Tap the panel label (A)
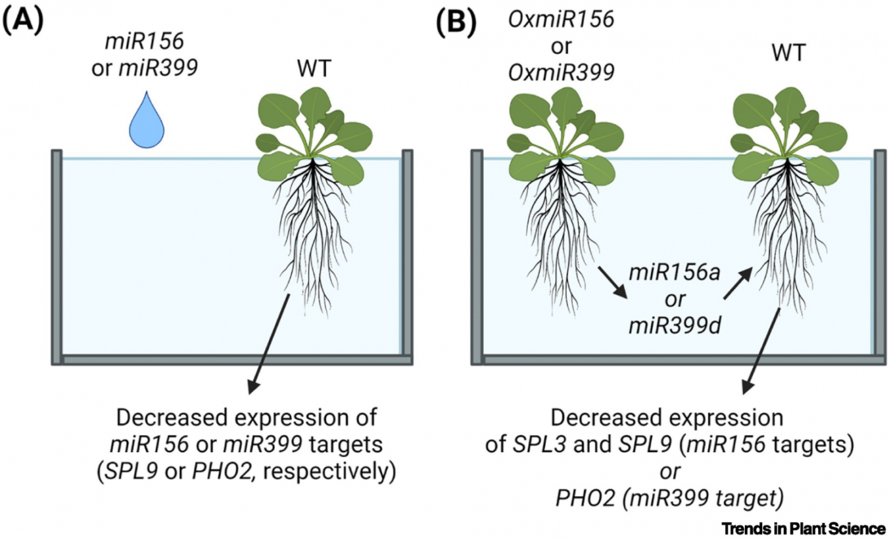click(x=23, y=21)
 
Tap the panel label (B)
click(x=456, y=21)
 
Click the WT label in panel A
click(x=314, y=69)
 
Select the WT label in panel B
click(x=788, y=53)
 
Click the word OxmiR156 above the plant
click(x=561, y=20)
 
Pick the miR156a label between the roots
click(x=674, y=272)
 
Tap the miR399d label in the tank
click(x=674, y=326)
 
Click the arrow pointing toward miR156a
click(x=613, y=282)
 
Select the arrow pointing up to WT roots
click(x=738, y=283)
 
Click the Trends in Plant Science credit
click(x=803, y=528)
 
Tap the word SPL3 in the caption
click(x=539, y=444)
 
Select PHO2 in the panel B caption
click(x=585, y=498)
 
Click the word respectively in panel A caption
click(x=329, y=471)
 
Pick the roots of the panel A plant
click(x=313, y=225)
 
